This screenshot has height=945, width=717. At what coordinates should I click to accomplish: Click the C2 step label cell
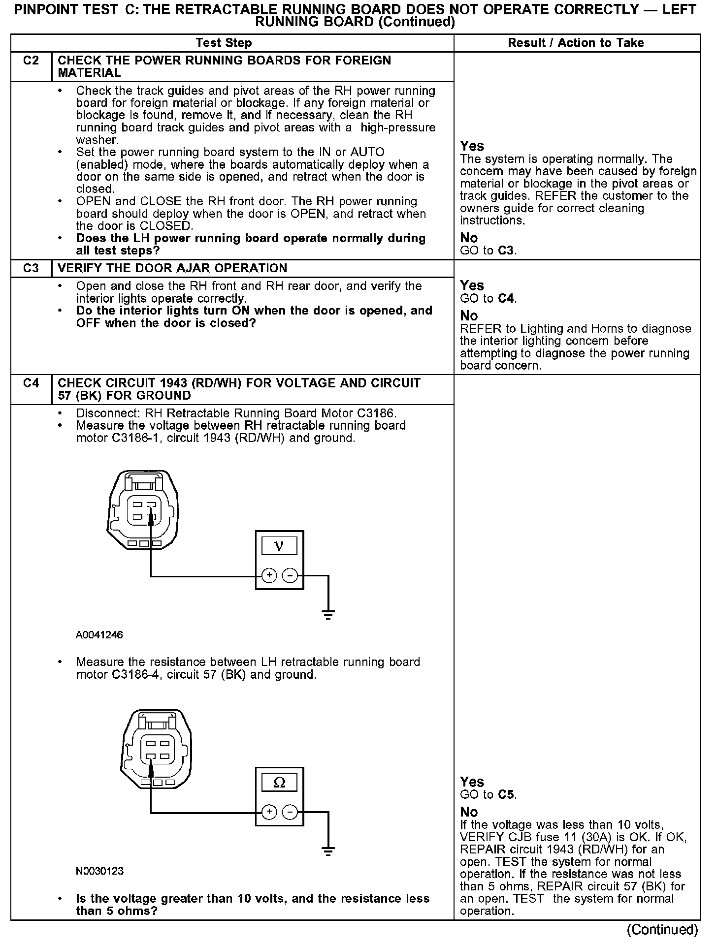[x=31, y=61]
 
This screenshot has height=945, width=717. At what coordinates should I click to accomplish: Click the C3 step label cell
[x=31, y=268]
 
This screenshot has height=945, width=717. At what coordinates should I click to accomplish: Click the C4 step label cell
[x=31, y=383]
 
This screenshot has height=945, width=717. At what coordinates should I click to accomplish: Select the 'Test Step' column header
[x=224, y=43]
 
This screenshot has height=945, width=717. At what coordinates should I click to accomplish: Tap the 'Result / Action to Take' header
[x=576, y=43]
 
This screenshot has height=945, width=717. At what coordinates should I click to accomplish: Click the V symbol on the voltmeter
[x=279, y=546]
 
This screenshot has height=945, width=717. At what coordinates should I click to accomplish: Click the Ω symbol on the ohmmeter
[x=279, y=783]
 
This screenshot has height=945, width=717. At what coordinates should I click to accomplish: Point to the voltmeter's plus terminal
[x=269, y=575]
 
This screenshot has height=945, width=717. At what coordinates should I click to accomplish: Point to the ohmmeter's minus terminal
[x=290, y=812]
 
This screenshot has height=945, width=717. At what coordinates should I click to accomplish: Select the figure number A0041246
[x=99, y=635]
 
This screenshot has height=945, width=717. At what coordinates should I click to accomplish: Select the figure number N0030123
[x=99, y=871]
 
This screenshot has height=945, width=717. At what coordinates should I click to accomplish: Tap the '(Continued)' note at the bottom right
[x=662, y=929]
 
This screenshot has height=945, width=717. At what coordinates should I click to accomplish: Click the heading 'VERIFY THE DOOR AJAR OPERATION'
[x=172, y=268]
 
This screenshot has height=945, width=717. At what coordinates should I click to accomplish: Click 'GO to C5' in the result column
[x=488, y=794]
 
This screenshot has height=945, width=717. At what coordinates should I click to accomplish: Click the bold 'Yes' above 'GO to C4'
[x=472, y=285]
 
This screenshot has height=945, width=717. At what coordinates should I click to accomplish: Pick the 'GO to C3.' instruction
[x=488, y=251]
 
